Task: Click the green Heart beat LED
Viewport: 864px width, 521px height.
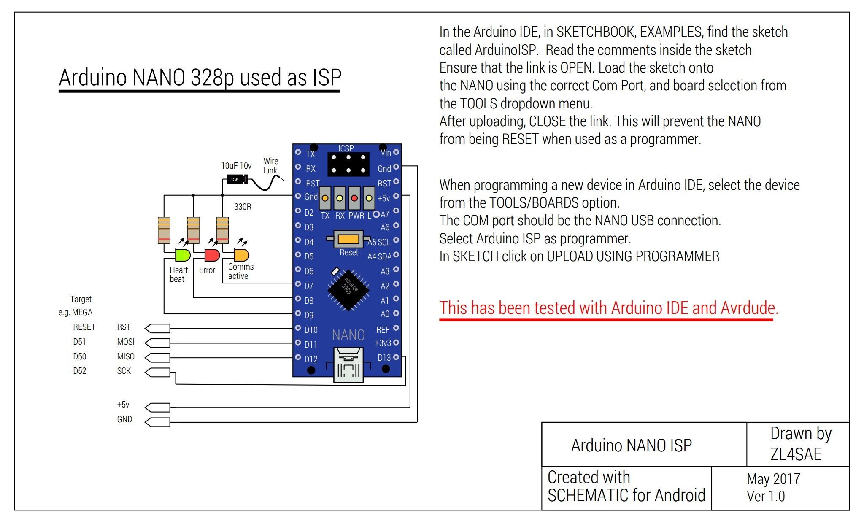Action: (x=183, y=255)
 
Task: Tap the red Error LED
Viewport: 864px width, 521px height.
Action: (x=212, y=255)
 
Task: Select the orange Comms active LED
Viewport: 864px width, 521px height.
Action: (x=241, y=255)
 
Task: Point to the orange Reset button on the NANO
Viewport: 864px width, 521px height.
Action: (x=348, y=240)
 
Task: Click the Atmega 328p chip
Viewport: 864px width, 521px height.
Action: (x=348, y=289)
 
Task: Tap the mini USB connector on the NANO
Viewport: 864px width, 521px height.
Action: (x=348, y=365)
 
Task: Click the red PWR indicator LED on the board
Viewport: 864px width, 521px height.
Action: (x=354, y=198)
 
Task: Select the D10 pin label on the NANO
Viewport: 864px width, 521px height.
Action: (x=311, y=330)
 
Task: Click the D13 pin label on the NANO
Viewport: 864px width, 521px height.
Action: (x=384, y=358)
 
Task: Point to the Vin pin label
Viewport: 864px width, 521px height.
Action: (x=386, y=153)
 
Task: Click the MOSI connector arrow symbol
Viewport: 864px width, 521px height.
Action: (x=157, y=343)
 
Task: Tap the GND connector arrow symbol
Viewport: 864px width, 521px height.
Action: (x=157, y=422)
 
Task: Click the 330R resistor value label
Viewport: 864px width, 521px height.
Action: (x=243, y=207)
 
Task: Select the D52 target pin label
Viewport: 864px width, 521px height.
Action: (x=79, y=371)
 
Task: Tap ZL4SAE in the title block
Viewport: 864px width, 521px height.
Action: (x=796, y=454)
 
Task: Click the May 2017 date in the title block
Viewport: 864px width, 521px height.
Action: (x=773, y=479)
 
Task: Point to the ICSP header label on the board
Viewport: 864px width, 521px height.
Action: (x=346, y=148)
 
